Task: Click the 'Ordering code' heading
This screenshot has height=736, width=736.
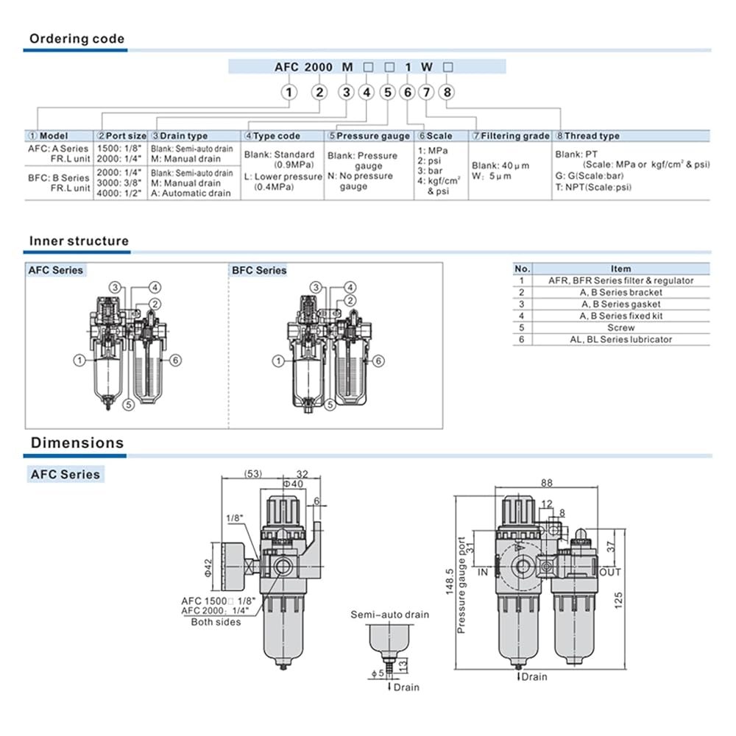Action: point(77,39)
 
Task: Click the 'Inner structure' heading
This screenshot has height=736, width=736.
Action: point(79,241)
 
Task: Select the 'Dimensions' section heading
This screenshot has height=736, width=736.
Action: point(77,443)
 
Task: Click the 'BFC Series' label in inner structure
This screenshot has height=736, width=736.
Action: point(259,271)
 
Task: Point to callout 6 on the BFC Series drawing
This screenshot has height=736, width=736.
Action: point(378,361)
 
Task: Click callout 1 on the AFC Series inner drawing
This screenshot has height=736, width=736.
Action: point(77,360)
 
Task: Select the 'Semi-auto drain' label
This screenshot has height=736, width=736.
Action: point(389,615)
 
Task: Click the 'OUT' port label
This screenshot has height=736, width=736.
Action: point(611,572)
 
